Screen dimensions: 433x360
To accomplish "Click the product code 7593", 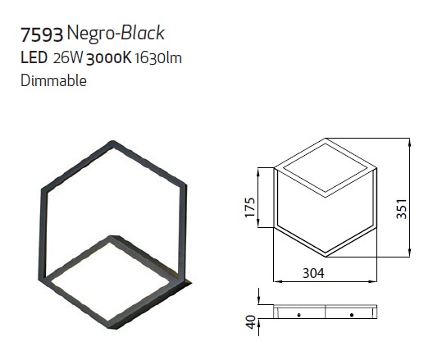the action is point(42,35).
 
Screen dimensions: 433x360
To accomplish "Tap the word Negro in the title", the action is point(90,34).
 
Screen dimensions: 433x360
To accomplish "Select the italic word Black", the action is point(143,33).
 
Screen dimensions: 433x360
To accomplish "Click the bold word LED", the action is point(34,58).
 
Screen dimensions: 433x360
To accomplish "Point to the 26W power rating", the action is point(68,58).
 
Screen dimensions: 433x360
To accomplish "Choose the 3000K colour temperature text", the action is point(109,58).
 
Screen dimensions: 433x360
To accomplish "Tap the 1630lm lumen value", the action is point(158,58).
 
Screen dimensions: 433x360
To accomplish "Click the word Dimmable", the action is point(54,80).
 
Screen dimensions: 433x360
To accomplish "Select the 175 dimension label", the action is point(250,207).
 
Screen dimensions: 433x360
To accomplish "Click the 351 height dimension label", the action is point(402,209).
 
